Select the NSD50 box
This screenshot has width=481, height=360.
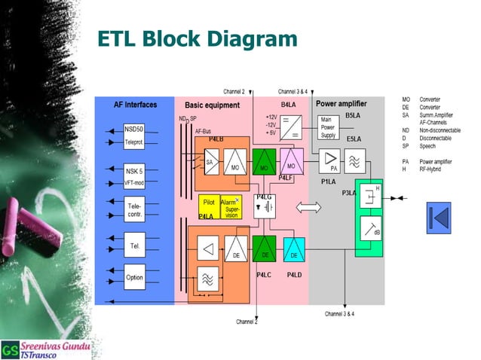pyautogui.click(x=134, y=129)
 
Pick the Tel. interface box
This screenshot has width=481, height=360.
pyautogui.click(x=134, y=246)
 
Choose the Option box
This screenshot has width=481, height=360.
pyautogui.click(x=134, y=277)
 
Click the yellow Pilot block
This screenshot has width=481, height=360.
pyautogui.click(x=209, y=203)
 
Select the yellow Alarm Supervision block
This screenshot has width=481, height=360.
pyautogui.click(x=230, y=207)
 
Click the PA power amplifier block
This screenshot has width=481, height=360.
pyautogui.click(x=330, y=161)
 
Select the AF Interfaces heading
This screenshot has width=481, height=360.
pyautogui.click(x=135, y=105)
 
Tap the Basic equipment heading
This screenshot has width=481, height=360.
pyautogui.click(x=212, y=105)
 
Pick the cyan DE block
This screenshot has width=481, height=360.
pyautogui.click(x=293, y=250)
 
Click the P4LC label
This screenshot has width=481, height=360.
pyautogui.click(x=263, y=275)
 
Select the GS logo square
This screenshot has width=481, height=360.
pyautogui.click(x=10, y=349)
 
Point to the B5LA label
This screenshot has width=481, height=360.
pyautogui.click(x=353, y=116)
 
